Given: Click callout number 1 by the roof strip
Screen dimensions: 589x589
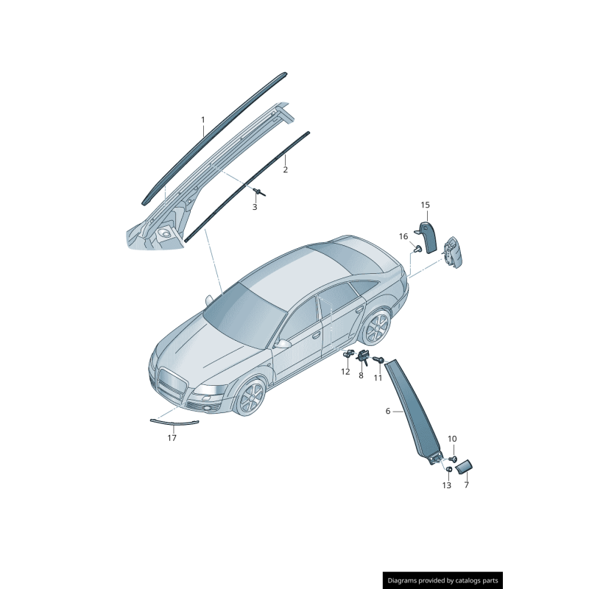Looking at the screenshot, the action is (203, 120).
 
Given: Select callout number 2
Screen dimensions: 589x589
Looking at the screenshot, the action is (286, 170).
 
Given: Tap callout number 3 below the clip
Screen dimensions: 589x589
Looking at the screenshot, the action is (255, 207).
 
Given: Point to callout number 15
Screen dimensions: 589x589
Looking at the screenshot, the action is (425, 205).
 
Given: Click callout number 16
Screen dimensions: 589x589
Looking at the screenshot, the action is (403, 236).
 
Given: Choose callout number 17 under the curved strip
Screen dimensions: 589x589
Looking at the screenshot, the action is (172, 438).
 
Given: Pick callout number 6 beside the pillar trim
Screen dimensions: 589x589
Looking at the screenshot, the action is (388, 412).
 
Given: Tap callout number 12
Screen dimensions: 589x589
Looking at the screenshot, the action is (345, 372).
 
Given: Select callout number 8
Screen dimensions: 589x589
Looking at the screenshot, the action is (361, 375).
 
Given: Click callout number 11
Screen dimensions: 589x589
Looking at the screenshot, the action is (378, 378).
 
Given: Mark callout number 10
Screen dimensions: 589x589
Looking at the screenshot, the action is (452, 439).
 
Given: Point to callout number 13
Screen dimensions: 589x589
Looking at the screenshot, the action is (447, 486).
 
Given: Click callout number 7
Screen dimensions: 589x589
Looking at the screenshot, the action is (467, 485).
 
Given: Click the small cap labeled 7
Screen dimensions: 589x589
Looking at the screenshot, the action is (464, 467).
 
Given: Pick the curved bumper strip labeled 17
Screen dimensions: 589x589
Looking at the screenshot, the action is (174, 423).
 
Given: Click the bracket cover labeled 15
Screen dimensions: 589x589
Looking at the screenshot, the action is (428, 236).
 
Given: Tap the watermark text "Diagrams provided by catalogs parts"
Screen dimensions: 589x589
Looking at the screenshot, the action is (443, 580).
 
